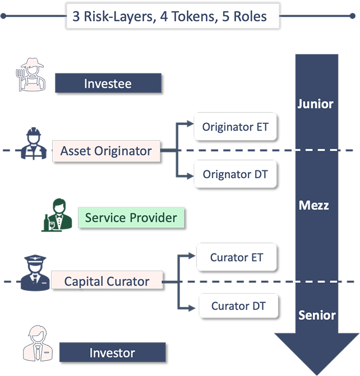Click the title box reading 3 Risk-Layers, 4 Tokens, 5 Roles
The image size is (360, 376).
point(173,17)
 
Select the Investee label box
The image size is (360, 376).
point(108,83)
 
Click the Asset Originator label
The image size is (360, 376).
point(106,151)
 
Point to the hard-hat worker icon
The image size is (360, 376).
point(33,143)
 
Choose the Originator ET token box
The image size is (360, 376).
point(236,127)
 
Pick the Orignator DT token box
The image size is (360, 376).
point(236,174)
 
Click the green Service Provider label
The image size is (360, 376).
point(131,217)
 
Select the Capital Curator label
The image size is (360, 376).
point(107,281)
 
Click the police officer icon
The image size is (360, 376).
point(35,273)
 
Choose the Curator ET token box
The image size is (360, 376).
point(237,258)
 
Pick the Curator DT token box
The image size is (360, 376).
point(238,306)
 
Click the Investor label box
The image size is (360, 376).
point(112,353)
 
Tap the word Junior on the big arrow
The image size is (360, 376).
point(315,104)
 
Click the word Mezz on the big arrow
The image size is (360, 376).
point(313,205)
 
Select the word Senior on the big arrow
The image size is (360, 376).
point(317,314)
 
